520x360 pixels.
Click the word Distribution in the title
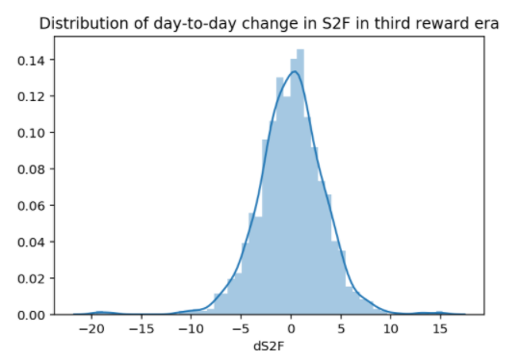(x=84, y=24)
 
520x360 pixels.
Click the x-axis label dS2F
(x=269, y=347)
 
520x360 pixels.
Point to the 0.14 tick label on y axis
(x=31, y=60)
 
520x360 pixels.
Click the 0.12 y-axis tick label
(x=31, y=96)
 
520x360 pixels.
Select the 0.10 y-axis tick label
(x=31, y=133)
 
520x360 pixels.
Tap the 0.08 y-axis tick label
(x=31, y=169)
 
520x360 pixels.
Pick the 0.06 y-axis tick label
(x=31, y=206)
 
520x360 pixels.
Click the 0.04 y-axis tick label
(x=31, y=243)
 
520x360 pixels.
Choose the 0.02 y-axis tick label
(x=31, y=278)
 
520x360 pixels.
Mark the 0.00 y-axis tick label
(x=31, y=315)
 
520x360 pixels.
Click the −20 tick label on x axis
(x=91, y=329)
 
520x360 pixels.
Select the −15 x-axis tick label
(x=142, y=329)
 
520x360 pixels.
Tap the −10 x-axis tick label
(x=191, y=329)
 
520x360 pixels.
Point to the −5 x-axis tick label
(x=241, y=329)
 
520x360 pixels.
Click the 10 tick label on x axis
(x=391, y=329)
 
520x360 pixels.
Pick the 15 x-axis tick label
(x=440, y=329)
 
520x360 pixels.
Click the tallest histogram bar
(x=300, y=182)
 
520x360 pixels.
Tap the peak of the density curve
(x=295, y=71)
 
